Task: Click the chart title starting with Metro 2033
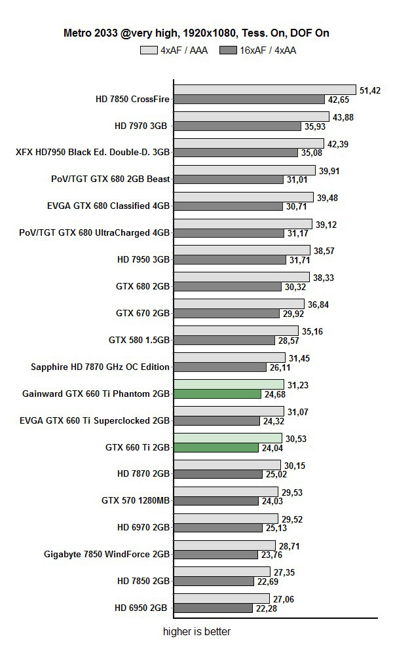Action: (196, 33)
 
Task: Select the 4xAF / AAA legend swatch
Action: (149, 50)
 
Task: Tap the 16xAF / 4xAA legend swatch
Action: (227, 50)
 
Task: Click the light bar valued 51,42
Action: (265, 90)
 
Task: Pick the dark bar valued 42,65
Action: (249, 100)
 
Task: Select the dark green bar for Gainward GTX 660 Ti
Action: (221, 394)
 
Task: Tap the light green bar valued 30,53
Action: (227, 438)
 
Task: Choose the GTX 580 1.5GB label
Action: (139, 340)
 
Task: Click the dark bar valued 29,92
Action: (227, 314)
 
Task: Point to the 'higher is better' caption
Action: (196, 632)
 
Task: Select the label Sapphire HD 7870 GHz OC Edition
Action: (100, 367)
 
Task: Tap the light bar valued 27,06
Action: (221, 599)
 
